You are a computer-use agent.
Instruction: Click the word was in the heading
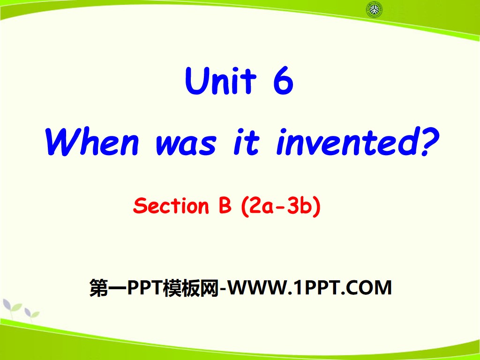186,142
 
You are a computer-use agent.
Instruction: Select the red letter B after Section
225,206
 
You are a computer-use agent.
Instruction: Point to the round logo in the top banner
374,9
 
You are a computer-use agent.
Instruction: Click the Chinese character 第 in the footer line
97,287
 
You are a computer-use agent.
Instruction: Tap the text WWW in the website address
257,287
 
